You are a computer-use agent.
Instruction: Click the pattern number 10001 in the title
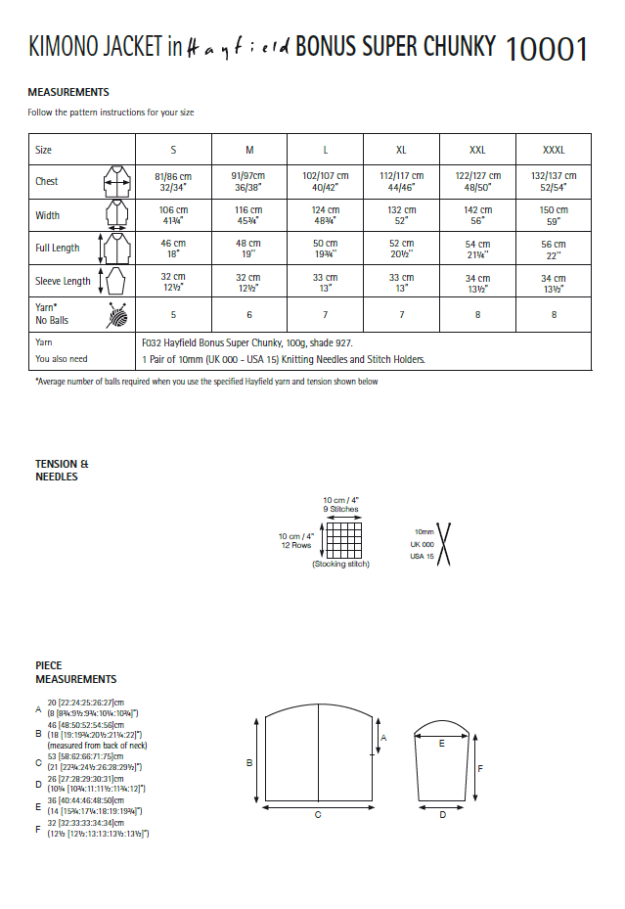coord(547,46)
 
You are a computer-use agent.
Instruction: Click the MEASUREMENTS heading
coord(68,92)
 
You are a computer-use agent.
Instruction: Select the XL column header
coord(401,151)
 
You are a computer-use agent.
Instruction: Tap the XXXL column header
coord(554,151)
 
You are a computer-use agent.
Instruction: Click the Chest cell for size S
coord(172,181)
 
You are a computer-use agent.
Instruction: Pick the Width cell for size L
coord(325,215)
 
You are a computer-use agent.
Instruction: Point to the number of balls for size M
coord(248,315)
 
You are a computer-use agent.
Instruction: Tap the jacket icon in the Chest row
coord(116,181)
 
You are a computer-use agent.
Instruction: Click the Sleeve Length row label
coord(63,282)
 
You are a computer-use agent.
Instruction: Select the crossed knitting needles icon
coord(442,543)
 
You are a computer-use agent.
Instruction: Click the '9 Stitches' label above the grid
coord(340,510)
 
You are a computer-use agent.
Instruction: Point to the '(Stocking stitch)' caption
coord(340,566)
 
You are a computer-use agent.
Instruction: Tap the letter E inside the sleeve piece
coord(442,744)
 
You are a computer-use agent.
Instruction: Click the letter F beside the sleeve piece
coord(479,768)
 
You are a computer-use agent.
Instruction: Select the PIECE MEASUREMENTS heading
coord(76,672)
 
